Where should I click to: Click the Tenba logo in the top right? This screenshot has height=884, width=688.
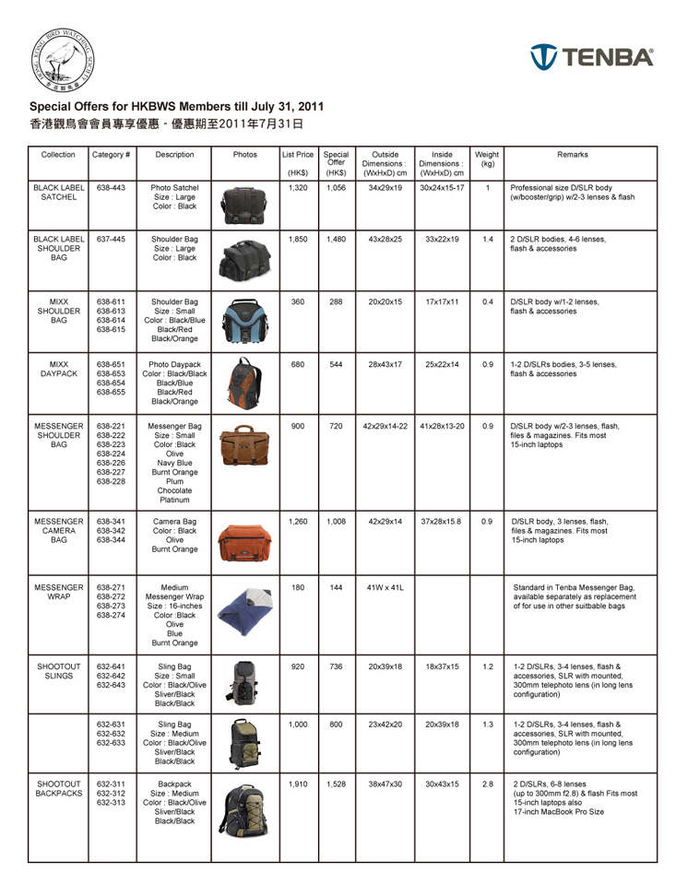[591, 56]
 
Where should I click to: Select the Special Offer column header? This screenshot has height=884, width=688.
[336, 162]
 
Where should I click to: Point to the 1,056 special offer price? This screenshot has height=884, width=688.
[336, 186]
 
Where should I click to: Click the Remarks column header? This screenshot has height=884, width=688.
[579, 155]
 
